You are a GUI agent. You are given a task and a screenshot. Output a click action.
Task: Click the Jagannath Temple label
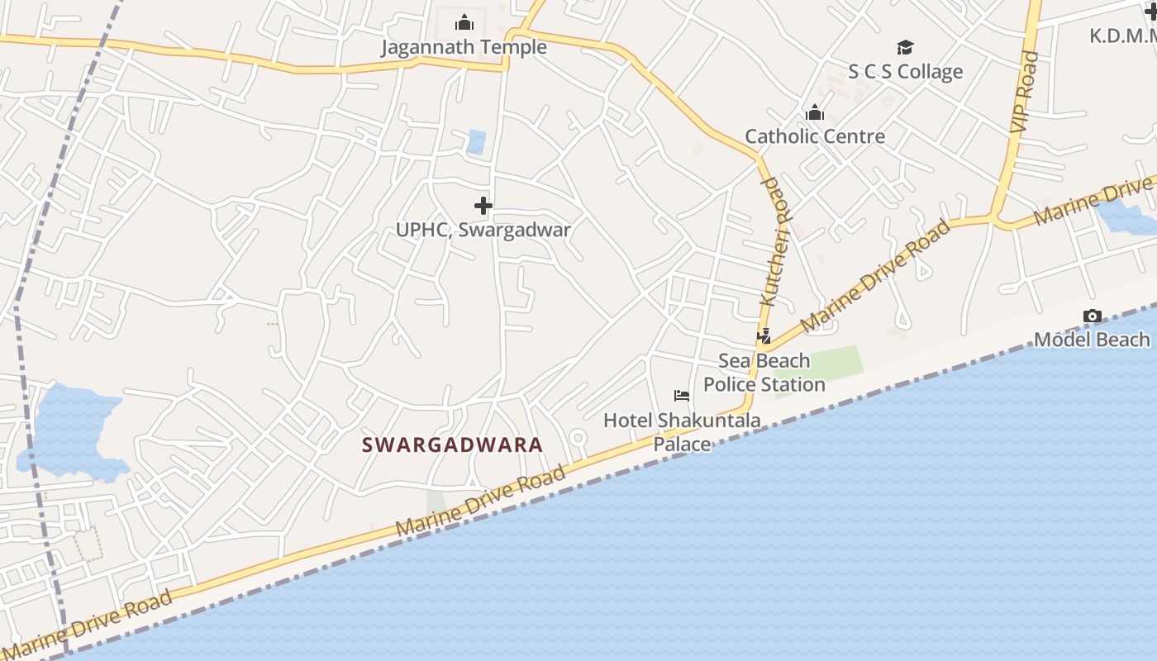tap(464, 47)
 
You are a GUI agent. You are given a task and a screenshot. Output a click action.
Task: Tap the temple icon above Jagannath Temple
tap(464, 22)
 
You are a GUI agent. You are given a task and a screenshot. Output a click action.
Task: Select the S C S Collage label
tap(906, 72)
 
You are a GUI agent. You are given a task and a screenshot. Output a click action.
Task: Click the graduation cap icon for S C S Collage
tap(906, 47)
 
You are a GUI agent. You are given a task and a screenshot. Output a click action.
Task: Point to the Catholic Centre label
tap(815, 136)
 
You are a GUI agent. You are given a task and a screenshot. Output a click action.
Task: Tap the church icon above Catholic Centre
tap(815, 112)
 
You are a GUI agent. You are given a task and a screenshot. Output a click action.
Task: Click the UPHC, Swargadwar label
tap(483, 230)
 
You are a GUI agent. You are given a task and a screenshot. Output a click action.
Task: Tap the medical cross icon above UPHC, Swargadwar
tap(483, 205)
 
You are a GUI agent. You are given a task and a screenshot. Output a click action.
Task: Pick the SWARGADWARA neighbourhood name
tap(453, 445)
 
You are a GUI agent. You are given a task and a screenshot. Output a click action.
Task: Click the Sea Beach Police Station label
tap(764, 373)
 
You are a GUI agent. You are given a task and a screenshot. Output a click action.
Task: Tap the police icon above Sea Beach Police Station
tap(764, 336)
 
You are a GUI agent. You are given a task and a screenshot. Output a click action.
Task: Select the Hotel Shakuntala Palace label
tap(682, 431)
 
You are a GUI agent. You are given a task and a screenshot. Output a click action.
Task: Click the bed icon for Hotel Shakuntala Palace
tap(682, 396)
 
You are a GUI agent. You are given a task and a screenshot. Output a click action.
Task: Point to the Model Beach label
tap(1092, 340)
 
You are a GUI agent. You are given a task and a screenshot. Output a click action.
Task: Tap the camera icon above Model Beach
tap(1093, 316)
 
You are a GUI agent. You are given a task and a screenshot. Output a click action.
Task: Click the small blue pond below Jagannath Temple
tap(476, 142)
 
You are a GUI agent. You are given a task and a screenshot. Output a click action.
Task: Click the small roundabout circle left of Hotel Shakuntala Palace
tap(578, 437)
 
